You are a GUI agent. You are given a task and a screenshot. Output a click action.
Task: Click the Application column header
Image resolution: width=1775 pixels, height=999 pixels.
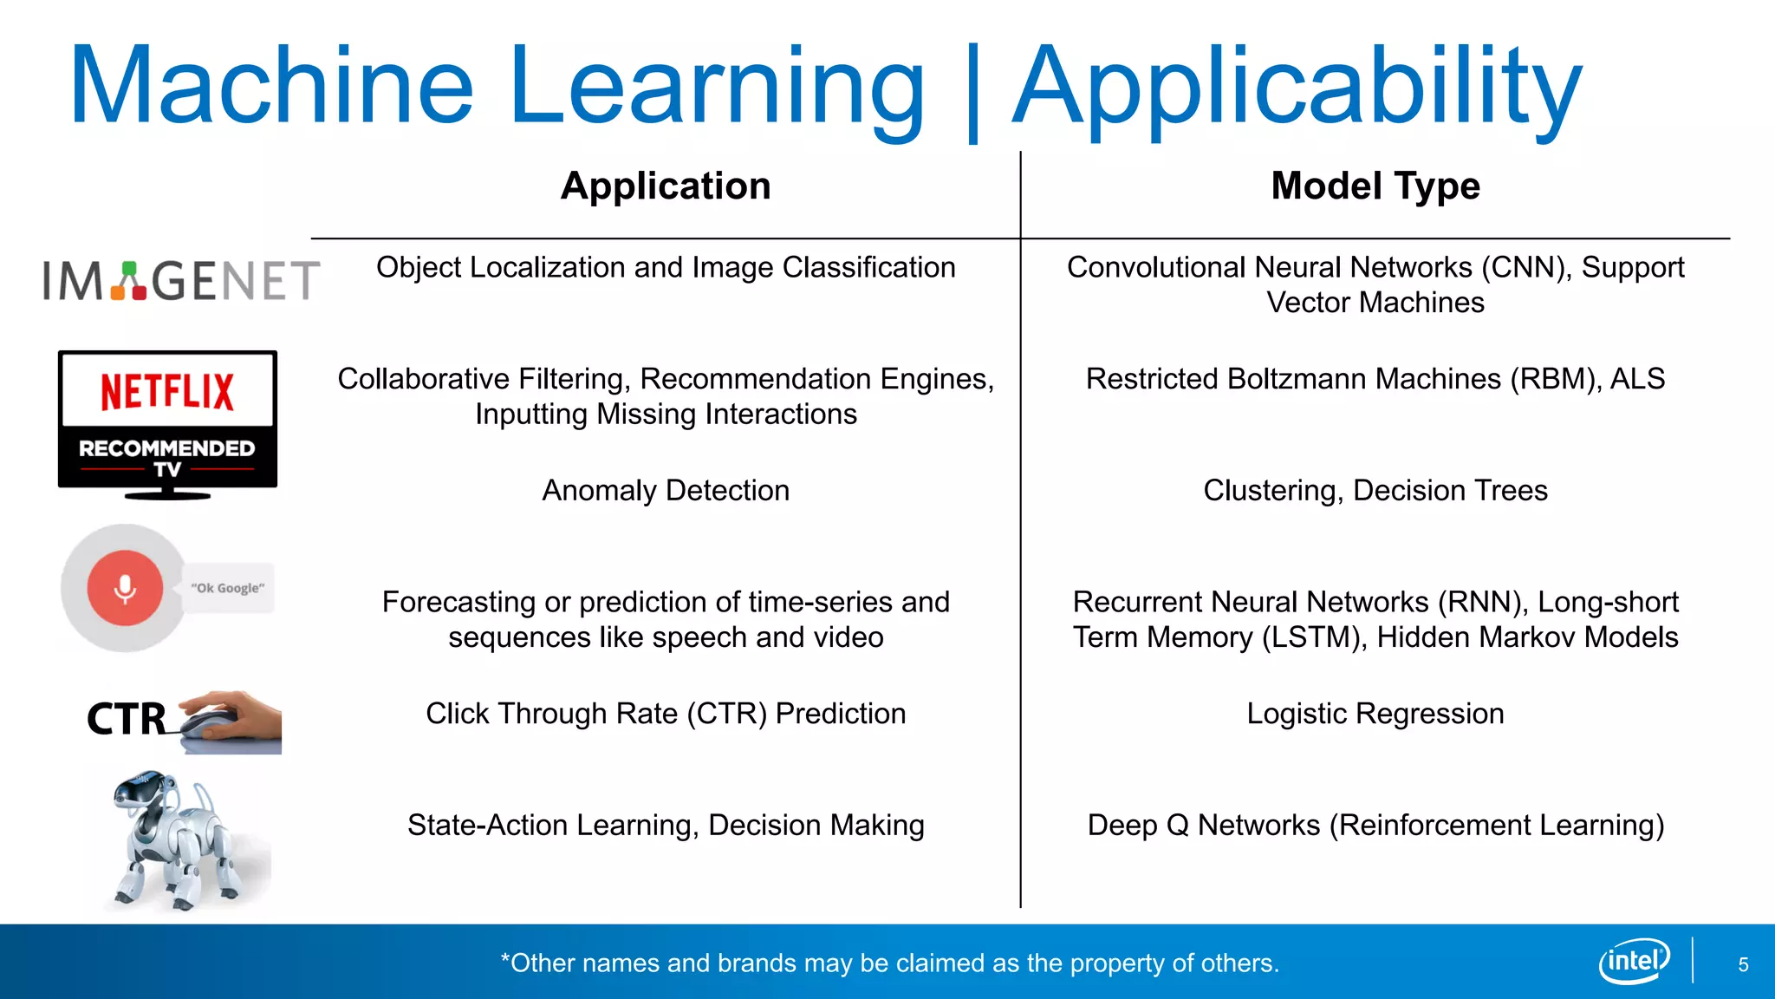coord(666,186)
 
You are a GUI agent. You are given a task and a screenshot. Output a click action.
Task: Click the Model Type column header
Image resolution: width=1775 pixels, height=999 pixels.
coord(1375,186)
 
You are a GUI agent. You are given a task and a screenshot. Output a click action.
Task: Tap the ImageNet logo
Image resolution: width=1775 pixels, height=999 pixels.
coord(181,281)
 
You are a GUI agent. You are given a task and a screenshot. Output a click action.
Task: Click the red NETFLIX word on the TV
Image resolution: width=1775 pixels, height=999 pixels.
coord(167,392)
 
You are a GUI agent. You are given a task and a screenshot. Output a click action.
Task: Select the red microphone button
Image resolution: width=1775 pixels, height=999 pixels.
coord(125,588)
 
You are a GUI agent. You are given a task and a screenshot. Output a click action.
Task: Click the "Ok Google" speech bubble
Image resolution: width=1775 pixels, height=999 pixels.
coord(228,588)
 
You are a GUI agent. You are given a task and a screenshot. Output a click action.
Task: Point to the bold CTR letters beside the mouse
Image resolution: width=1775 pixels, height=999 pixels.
coord(127,719)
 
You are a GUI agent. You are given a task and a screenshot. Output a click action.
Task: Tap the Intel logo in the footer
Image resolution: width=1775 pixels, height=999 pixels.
coord(1634,961)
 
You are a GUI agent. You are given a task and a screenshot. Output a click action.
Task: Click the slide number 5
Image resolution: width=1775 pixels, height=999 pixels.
coord(1743,964)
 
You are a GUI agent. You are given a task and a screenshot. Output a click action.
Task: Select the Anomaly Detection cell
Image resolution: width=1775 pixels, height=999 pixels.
coord(666,491)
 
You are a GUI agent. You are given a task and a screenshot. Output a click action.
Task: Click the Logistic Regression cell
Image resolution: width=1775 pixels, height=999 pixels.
coord(1375,714)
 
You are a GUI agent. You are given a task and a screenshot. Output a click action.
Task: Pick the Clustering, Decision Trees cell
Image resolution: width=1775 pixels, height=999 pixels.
coord(1375,491)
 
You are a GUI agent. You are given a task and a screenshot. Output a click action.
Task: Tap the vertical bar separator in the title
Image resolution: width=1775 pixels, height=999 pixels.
coord(972,91)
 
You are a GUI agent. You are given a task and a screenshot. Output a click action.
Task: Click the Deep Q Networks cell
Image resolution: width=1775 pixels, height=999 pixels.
coord(1375,825)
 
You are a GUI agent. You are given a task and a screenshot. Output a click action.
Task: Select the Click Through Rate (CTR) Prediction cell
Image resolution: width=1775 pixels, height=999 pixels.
coord(666,714)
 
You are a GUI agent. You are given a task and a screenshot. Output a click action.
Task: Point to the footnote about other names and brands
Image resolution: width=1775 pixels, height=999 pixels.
coord(890,963)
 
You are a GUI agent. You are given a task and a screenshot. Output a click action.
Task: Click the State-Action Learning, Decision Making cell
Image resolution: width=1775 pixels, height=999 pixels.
coord(666,825)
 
